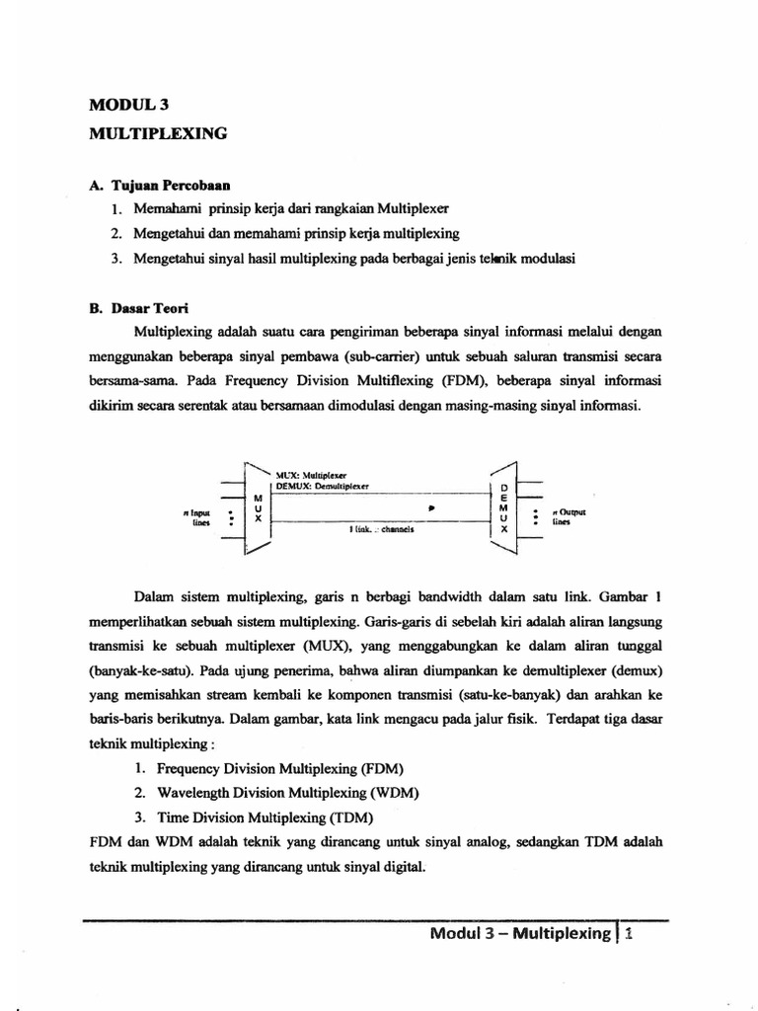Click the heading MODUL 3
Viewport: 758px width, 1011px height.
[x=130, y=107]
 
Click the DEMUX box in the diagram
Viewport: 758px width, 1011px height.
[x=503, y=508]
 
